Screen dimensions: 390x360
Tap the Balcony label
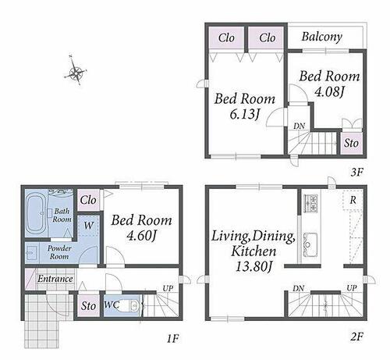(x=321, y=37)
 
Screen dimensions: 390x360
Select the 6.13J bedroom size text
(x=245, y=114)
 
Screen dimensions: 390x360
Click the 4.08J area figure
(x=329, y=91)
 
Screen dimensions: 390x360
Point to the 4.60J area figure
(x=141, y=236)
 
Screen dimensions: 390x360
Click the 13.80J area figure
(x=253, y=266)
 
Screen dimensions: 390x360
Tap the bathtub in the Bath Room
(x=37, y=213)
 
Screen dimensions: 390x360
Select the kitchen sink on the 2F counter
(x=310, y=243)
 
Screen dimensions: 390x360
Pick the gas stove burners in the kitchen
(x=311, y=203)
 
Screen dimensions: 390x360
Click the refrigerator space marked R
(x=353, y=200)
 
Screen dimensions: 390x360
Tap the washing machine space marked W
(x=88, y=226)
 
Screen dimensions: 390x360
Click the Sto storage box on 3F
(x=351, y=143)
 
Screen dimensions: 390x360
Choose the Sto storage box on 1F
(x=88, y=305)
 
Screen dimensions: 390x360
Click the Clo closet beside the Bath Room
(x=88, y=200)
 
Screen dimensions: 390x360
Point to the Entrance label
(x=55, y=279)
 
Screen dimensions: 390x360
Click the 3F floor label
(x=356, y=172)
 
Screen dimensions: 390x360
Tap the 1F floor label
(x=172, y=339)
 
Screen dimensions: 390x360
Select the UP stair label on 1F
(x=168, y=288)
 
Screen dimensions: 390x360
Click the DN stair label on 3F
(x=299, y=127)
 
